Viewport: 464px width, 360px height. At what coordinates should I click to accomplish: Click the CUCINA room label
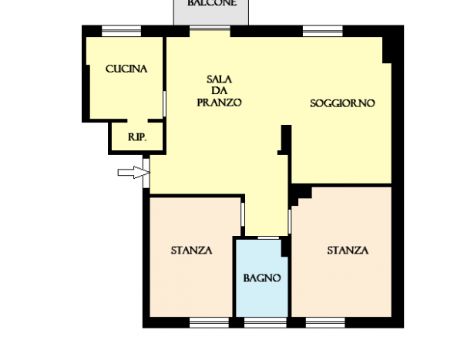(126, 69)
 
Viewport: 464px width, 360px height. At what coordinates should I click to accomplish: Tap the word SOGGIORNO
(342, 103)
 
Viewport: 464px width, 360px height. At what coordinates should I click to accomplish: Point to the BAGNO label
(262, 278)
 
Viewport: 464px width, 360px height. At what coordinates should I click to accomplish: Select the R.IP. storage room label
(137, 137)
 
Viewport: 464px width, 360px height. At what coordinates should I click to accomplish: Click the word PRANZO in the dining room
(219, 103)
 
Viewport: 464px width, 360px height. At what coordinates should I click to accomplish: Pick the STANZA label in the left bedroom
(191, 251)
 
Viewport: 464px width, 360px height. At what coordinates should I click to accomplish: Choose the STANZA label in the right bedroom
(348, 251)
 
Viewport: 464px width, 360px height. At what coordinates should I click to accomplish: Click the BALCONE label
(212, 3)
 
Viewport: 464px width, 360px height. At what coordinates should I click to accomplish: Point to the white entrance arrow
(134, 173)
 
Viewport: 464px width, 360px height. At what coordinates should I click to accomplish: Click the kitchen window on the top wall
(121, 31)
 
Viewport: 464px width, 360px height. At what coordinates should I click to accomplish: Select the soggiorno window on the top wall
(322, 31)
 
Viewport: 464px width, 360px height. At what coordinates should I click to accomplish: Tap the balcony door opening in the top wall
(210, 29)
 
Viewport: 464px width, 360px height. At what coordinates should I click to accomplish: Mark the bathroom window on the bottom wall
(265, 322)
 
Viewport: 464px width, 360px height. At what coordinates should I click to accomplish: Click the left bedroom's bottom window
(209, 322)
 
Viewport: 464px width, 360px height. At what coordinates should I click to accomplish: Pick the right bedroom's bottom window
(325, 322)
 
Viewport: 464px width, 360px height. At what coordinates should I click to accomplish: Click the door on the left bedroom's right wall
(243, 214)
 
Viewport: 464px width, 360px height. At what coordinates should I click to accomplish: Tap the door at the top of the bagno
(268, 237)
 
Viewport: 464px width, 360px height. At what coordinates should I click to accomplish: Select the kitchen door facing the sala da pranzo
(164, 104)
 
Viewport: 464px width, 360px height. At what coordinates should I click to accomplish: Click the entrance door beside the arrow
(146, 173)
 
